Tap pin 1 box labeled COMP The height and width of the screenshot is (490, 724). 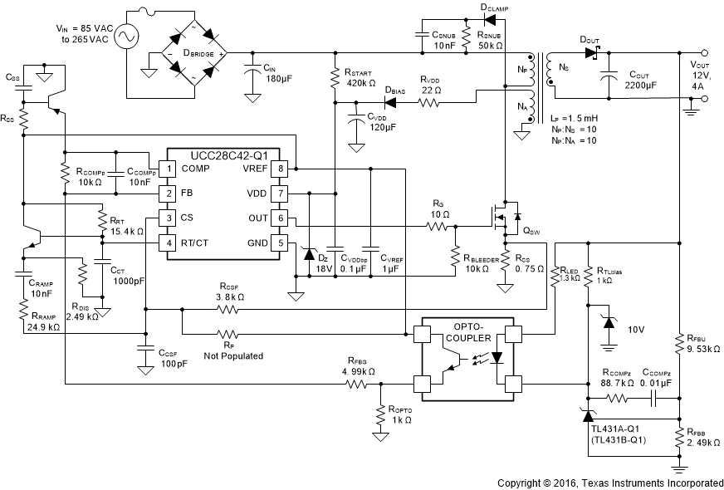(169, 169)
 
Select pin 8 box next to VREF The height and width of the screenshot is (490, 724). (281, 169)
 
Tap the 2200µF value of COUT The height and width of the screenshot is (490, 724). (639, 86)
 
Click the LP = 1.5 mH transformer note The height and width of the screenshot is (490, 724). (573, 119)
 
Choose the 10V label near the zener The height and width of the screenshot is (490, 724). (636, 329)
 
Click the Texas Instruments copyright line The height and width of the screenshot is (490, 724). (609, 483)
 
